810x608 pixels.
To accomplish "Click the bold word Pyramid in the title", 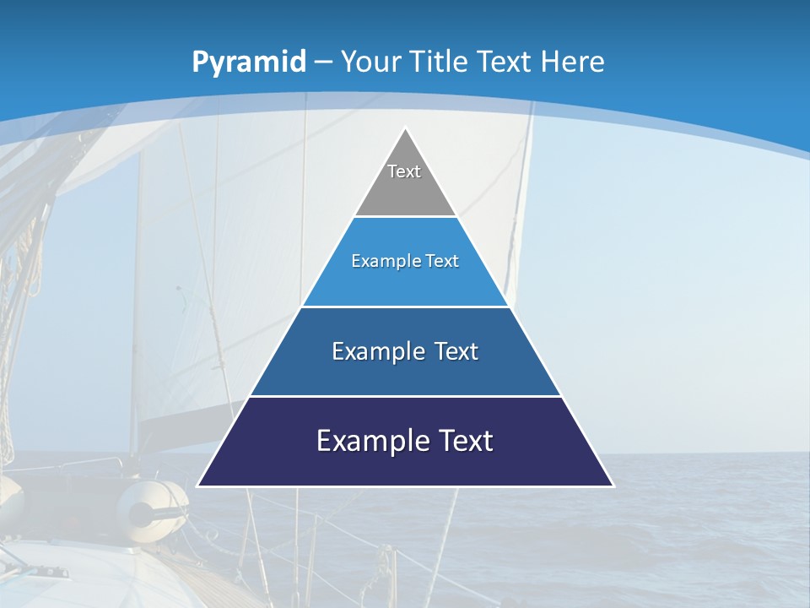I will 249,62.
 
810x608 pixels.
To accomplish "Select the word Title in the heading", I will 440,62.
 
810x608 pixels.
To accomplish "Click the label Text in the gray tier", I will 404,171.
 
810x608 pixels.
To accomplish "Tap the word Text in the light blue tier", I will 443,261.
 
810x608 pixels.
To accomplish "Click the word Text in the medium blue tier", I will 456,351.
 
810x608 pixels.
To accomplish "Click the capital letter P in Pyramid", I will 200,62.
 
